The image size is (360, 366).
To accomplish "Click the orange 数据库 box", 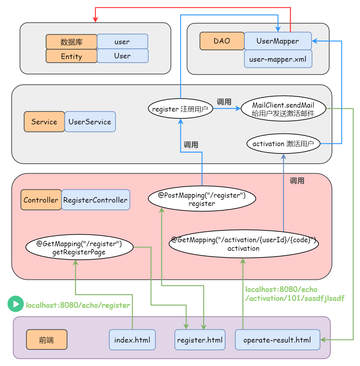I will click(x=72, y=42).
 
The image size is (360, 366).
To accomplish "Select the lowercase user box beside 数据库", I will click(x=122, y=42).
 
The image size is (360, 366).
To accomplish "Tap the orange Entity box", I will click(x=72, y=56).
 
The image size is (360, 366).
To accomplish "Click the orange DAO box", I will click(x=222, y=41).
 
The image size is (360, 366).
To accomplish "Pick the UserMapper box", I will click(x=278, y=41).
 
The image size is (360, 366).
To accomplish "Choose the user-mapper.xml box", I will click(x=278, y=59).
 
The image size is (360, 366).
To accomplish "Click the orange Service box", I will click(x=44, y=122).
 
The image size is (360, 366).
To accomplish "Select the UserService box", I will click(x=90, y=122).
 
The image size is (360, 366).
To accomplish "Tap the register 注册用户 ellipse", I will click(x=180, y=109).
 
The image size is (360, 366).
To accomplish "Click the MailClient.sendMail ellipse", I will click(x=283, y=109).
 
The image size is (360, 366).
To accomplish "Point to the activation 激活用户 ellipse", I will click(x=284, y=144).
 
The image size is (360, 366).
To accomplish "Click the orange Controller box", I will click(x=41, y=200).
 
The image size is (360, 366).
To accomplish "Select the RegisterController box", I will click(x=95, y=200).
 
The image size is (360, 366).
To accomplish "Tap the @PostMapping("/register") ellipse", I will click(x=202, y=199).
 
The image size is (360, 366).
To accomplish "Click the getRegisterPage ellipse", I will click(x=79, y=248).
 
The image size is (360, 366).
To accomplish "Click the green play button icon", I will click(x=15, y=304).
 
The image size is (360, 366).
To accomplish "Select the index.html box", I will click(x=132, y=340).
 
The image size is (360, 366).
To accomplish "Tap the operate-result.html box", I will click(x=277, y=340).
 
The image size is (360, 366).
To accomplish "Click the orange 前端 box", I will click(x=46, y=340).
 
